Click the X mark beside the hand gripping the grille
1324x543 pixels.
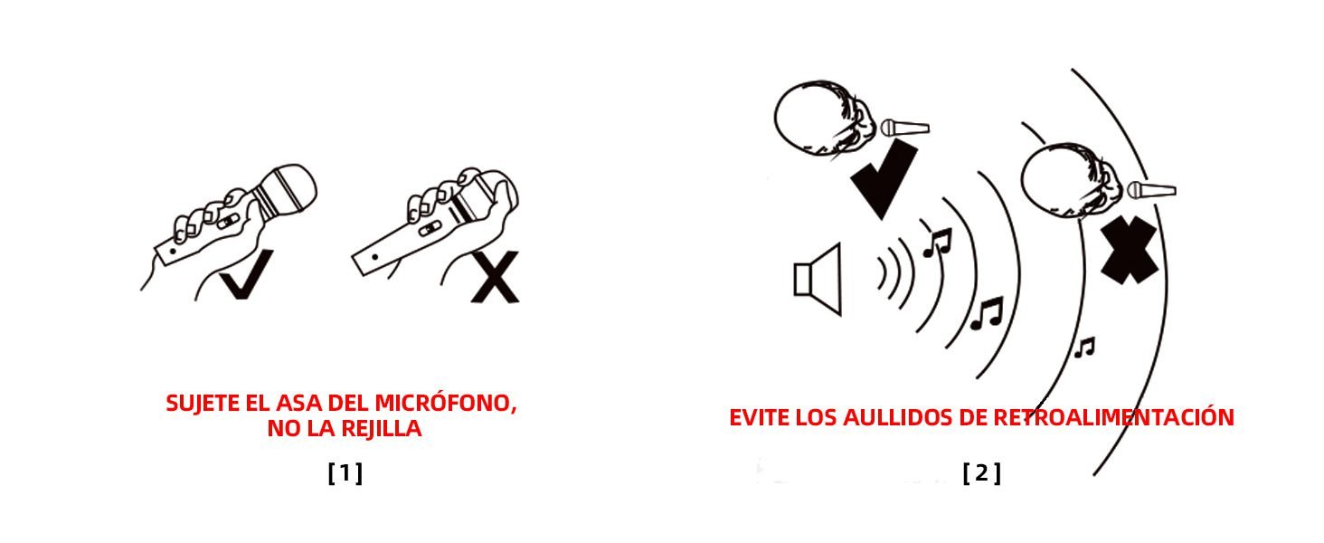click(496, 277)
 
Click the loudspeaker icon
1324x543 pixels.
click(818, 279)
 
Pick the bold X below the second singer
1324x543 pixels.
click(1129, 250)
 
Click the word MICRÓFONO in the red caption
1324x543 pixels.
click(446, 403)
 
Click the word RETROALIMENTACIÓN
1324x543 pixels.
click(1113, 417)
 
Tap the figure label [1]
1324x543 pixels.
click(345, 473)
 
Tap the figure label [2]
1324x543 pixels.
click(982, 473)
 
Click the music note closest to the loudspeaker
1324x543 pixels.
click(938, 243)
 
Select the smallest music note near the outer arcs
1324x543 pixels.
click(1084, 348)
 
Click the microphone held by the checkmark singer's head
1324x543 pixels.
click(905, 128)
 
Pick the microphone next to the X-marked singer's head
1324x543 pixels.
click(1151, 190)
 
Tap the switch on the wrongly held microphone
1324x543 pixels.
click(429, 228)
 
